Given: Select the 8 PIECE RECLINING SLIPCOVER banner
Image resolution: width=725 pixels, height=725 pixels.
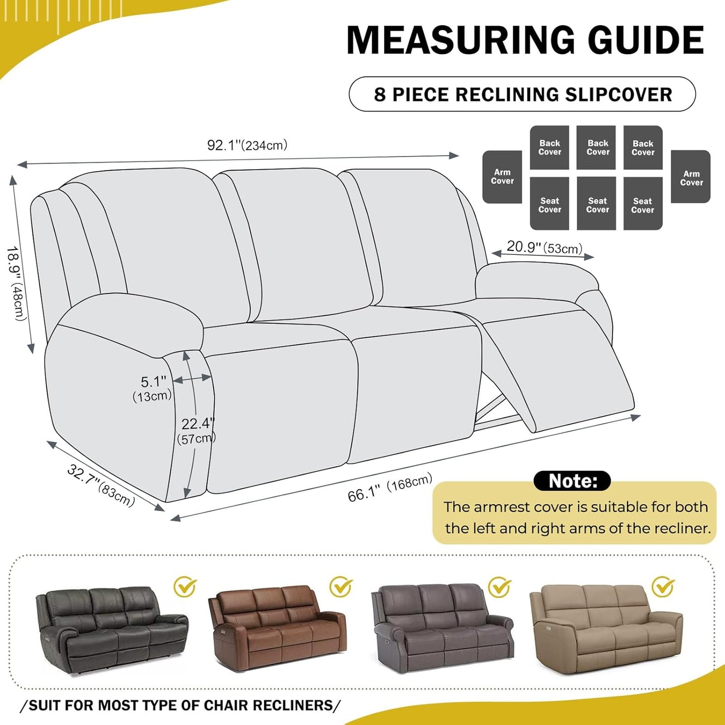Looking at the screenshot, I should (522, 94).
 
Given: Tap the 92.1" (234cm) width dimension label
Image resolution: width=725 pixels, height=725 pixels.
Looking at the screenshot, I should (247, 146).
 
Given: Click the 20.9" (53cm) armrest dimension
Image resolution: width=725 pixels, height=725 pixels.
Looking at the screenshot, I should (544, 247).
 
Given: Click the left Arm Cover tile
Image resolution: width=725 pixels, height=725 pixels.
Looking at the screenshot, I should (502, 177).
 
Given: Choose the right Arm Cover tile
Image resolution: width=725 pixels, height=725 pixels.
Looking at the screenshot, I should (691, 177).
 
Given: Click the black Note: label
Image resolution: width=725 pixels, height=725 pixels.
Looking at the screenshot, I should (572, 481).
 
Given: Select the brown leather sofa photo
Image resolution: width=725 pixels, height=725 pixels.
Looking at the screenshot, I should (277, 627).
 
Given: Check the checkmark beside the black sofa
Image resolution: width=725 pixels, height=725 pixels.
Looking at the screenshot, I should (185, 587).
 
